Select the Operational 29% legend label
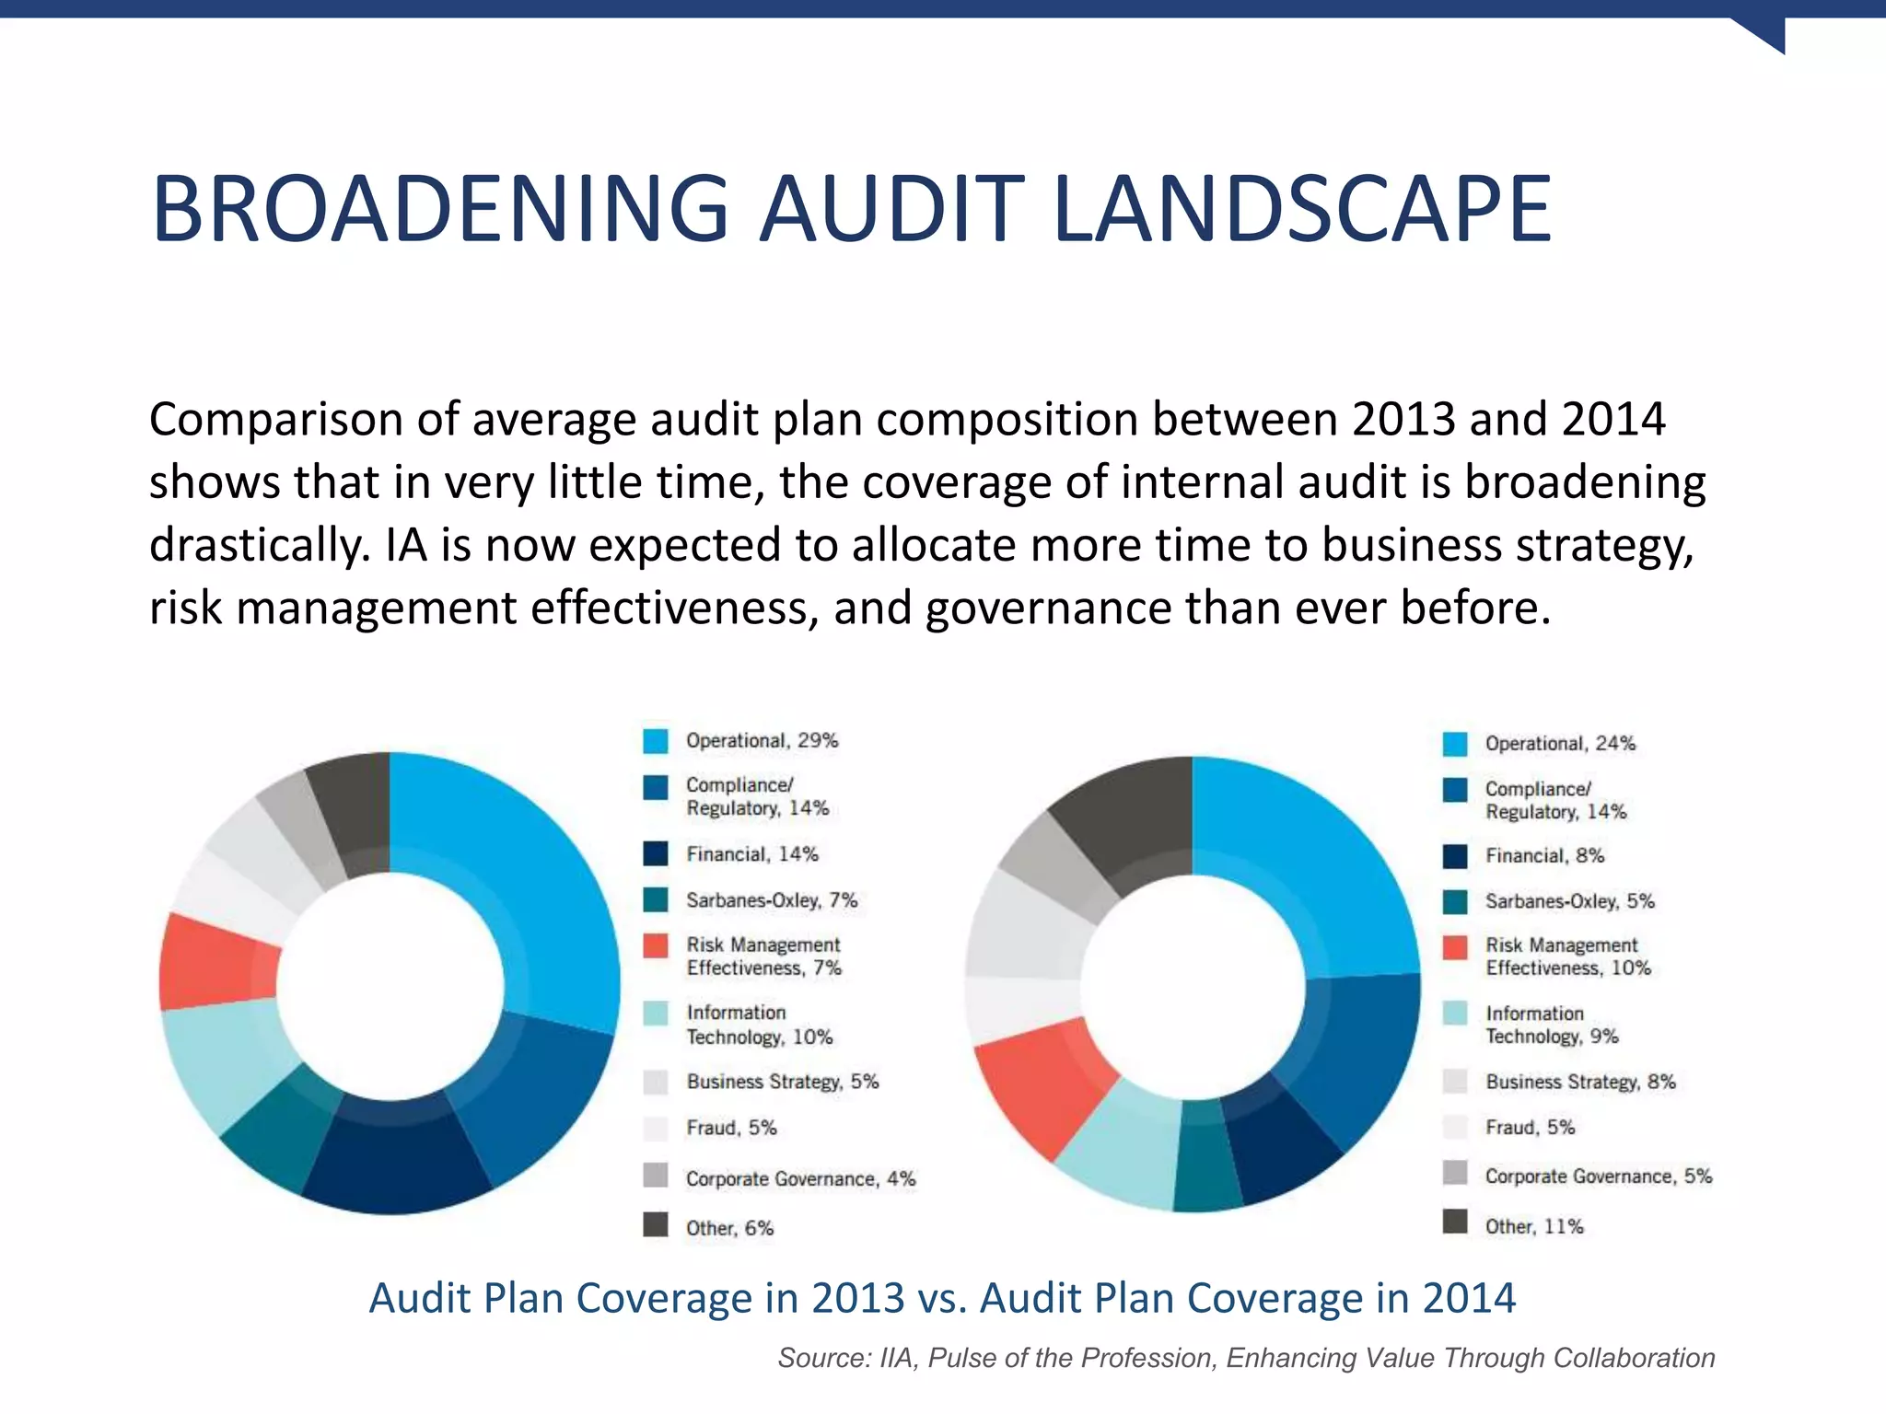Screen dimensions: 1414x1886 [762, 741]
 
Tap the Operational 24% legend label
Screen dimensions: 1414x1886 [1560, 744]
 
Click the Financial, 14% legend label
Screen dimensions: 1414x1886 [751, 854]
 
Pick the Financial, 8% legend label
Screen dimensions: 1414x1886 [1544, 856]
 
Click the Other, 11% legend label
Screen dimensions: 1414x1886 [1534, 1226]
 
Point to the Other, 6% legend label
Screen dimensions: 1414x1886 [729, 1228]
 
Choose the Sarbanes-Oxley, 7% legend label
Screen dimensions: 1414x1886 [772, 900]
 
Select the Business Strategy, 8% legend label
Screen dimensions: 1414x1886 [1580, 1082]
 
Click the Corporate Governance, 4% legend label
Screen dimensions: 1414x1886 [800, 1179]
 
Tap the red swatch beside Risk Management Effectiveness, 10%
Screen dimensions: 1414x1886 [1455, 947]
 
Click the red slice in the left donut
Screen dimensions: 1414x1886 [216, 962]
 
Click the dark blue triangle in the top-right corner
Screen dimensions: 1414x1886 [1764, 33]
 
